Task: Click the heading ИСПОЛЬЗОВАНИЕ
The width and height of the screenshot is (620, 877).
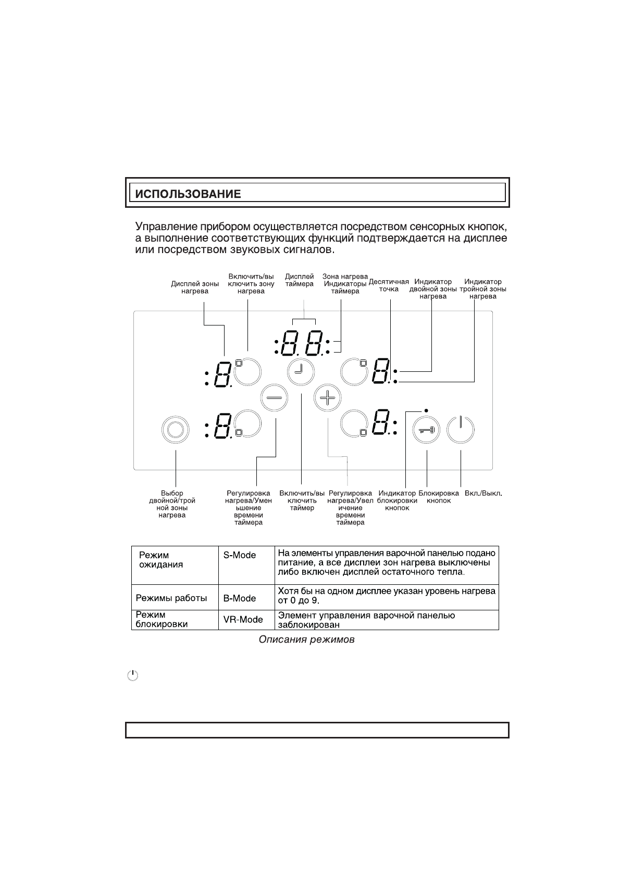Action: [188, 195]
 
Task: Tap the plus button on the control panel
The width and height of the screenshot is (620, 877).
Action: [327, 398]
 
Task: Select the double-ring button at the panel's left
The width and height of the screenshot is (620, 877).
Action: [176, 430]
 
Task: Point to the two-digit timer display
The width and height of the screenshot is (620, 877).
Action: [302, 344]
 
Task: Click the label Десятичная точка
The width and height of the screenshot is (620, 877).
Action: [389, 285]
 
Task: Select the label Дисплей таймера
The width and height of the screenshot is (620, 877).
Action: [299, 280]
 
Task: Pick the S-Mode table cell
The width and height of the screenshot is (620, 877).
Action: [240, 555]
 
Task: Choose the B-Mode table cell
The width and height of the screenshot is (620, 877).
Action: [240, 598]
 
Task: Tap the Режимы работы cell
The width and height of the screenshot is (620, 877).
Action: [171, 598]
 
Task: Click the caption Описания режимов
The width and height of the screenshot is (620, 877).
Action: [306, 640]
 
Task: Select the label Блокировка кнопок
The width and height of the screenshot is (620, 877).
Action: [439, 497]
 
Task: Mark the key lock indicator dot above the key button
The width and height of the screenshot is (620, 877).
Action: [426, 410]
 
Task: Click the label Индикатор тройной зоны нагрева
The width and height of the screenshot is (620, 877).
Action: [482, 289]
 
